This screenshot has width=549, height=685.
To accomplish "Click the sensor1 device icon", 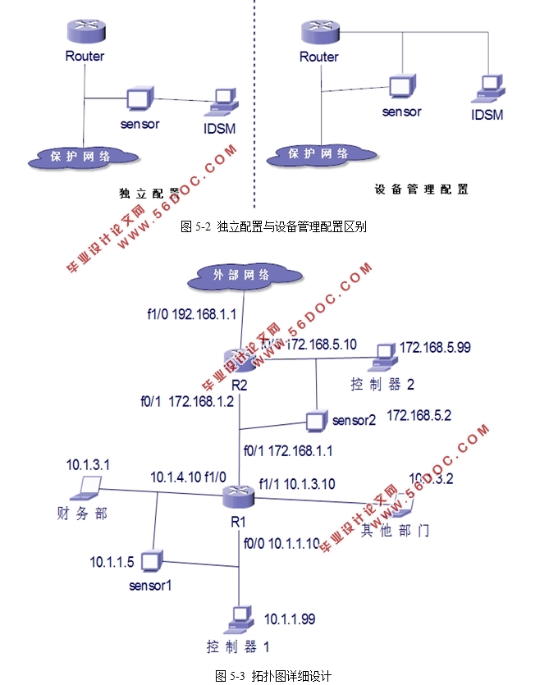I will [x=150, y=561].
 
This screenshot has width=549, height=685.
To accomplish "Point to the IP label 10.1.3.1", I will [x=88, y=464].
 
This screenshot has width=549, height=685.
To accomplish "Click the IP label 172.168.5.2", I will [x=419, y=415].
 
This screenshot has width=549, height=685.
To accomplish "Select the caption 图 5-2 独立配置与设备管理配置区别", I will [x=272, y=226].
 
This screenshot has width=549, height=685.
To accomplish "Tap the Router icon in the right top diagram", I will [x=318, y=32].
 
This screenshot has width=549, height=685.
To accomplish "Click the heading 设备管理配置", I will [x=421, y=190].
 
